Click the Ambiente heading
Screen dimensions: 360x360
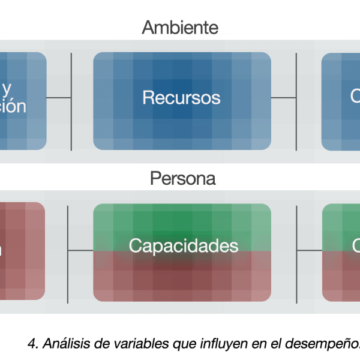(180, 28)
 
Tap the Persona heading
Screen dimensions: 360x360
(183, 179)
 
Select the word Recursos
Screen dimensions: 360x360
(181, 98)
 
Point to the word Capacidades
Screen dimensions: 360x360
(183, 246)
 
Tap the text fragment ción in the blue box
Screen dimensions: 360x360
(13, 106)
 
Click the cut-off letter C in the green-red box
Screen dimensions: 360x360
(356, 246)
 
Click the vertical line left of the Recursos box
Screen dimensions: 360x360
(71, 102)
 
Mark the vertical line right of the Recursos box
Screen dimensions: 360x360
(296, 102)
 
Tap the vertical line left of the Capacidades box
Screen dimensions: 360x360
(67, 252)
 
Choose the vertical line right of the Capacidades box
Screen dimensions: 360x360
(298, 252)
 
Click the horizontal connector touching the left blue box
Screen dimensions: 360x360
(58, 98)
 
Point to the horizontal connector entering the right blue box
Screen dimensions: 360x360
(309, 98)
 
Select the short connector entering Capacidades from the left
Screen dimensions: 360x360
(80, 250)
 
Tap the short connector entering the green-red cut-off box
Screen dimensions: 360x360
(310, 250)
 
